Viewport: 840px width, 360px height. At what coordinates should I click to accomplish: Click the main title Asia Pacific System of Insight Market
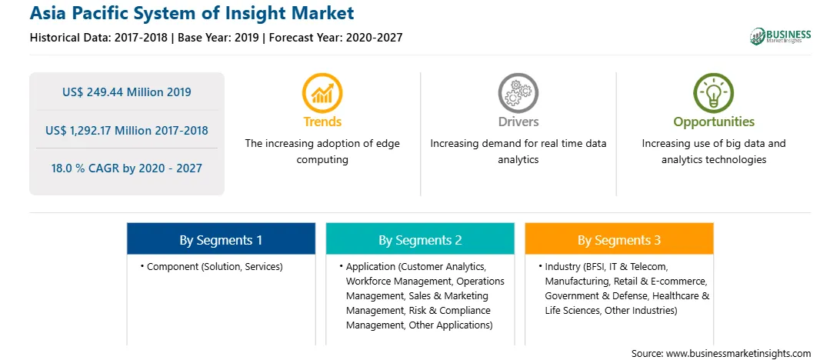pyautogui.click(x=192, y=13)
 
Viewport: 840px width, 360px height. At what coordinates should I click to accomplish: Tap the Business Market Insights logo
pyautogui.click(x=780, y=36)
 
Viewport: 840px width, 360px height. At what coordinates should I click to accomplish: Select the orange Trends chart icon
pyautogui.click(x=322, y=92)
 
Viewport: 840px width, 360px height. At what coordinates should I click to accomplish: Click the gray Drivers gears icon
pyautogui.click(x=518, y=92)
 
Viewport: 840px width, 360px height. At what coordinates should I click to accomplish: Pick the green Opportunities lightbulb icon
pyautogui.click(x=714, y=92)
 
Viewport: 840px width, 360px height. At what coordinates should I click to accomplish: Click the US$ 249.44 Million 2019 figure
pyautogui.click(x=126, y=92)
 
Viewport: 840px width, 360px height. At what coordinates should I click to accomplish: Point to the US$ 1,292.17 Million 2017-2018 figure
pyautogui.click(x=126, y=130)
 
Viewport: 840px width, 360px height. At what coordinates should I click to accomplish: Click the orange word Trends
pyautogui.click(x=322, y=122)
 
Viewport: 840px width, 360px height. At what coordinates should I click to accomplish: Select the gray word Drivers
pyautogui.click(x=518, y=122)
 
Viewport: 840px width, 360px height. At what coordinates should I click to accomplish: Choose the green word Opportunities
pyautogui.click(x=714, y=122)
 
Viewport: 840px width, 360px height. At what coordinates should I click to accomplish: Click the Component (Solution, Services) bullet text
pyautogui.click(x=215, y=266)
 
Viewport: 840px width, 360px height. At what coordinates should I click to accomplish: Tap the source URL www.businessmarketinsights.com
pyautogui.click(x=738, y=353)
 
